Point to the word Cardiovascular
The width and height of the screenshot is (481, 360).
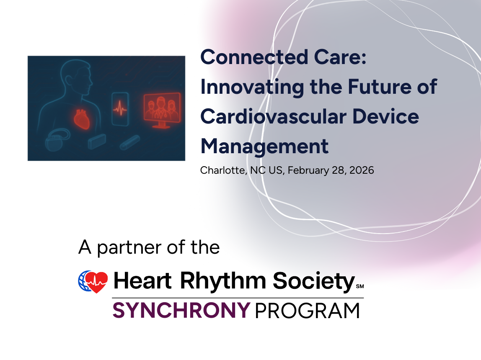click(274, 117)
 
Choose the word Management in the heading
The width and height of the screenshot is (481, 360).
click(264, 147)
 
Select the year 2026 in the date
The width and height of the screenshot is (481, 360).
click(362, 170)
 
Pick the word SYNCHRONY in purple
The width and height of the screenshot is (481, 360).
click(181, 310)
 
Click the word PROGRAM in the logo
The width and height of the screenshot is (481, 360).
click(307, 311)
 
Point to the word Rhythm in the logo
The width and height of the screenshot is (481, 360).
click(223, 281)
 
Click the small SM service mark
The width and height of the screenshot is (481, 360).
click(360, 286)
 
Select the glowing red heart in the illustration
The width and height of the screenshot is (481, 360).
click(82, 119)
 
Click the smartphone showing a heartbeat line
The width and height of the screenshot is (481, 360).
click(120, 109)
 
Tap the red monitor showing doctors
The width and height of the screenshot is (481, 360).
click(162, 110)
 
